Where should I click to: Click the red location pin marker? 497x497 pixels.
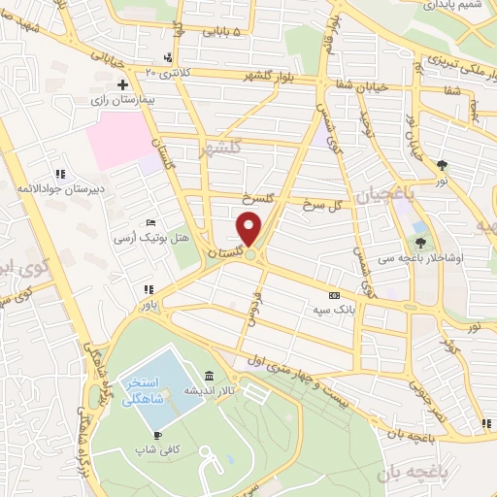[x=249, y=230]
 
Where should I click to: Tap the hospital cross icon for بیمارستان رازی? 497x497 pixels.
[x=122, y=85]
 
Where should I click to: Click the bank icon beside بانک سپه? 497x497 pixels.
[x=335, y=295]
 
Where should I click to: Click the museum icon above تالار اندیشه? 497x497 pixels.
[x=209, y=377]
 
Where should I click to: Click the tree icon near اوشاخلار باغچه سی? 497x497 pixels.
[x=420, y=229]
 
